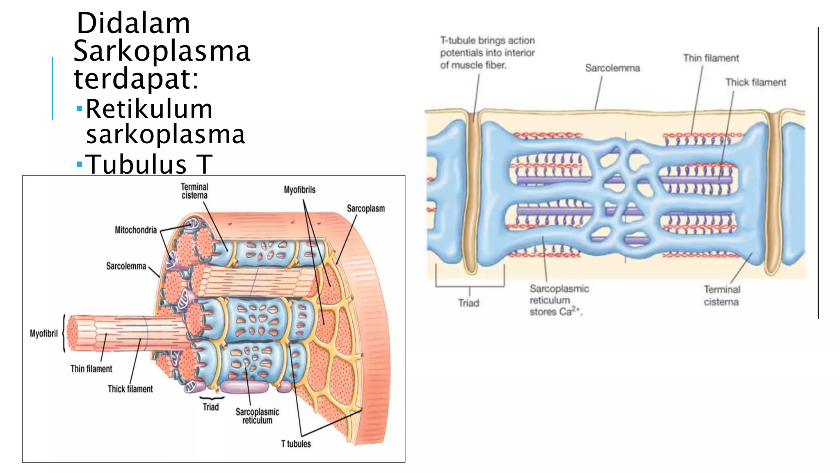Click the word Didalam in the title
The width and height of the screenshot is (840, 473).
point(133,23)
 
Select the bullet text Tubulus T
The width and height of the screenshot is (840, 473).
point(149,165)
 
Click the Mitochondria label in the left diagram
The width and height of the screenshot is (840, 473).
point(136,230)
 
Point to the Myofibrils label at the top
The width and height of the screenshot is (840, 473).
point(299,190)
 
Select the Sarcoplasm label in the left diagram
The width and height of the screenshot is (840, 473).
point(365,209)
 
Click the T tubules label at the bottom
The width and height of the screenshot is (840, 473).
point(296,444)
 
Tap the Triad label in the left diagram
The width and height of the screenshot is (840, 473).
point(210,407)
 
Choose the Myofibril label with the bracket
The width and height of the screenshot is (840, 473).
point(43,333)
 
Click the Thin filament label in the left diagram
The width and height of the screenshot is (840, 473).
point(91,369)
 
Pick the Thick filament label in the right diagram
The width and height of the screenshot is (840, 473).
point(756,83)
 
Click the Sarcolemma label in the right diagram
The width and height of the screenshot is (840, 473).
point(612,68)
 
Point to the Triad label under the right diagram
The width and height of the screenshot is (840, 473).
point(468,303)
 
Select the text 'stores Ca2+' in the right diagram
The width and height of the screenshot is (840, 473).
point(555,312)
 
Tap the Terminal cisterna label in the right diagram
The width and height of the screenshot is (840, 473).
point(721,296)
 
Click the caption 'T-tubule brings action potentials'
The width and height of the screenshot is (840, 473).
point(487,53)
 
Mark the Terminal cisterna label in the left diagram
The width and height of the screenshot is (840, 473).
point(194,191)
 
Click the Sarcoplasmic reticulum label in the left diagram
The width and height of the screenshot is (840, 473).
point(257,416)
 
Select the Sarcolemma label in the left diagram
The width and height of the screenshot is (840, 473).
point(126,266)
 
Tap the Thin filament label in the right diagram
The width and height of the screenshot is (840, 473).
point(710,58)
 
